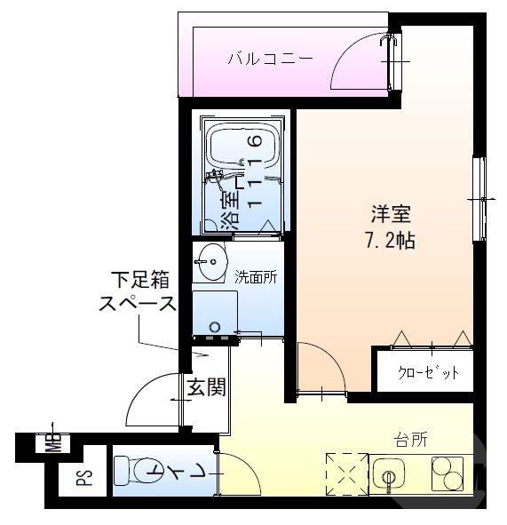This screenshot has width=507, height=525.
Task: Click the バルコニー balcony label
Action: (x=270, y=60)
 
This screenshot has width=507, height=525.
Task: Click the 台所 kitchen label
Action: (x=411, y=440)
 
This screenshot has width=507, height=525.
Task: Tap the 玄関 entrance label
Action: (x=205, y=387)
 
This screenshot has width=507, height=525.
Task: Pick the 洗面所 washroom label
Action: (x=256, y=276)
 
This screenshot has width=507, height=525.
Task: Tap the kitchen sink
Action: (x=388, y=474)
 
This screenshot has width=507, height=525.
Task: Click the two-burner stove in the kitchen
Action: (x=448, y=474)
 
